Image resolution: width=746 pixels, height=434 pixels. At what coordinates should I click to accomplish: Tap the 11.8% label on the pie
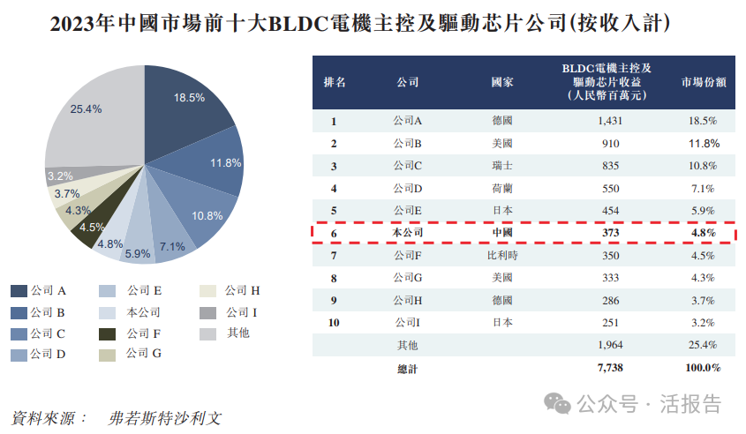point(225,163)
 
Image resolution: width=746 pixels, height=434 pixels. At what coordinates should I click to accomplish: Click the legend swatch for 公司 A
point(18,290)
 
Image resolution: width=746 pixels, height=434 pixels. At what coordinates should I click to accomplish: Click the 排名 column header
point(335,82)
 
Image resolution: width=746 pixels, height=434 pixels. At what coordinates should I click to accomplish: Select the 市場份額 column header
point(703,82)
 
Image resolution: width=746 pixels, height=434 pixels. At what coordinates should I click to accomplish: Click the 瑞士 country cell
point(502,165)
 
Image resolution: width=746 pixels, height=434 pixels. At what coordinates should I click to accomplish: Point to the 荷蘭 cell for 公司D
point(502,188)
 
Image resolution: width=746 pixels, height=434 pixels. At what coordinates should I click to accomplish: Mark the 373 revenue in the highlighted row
point(610,233)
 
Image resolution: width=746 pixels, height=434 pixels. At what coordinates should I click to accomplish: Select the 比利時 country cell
point(502,256)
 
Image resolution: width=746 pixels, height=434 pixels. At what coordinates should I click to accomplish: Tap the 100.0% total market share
point(703,367)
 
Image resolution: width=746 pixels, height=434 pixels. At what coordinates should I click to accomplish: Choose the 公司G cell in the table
point(407,278)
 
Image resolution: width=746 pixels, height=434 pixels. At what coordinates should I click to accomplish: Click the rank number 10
point(335,322)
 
